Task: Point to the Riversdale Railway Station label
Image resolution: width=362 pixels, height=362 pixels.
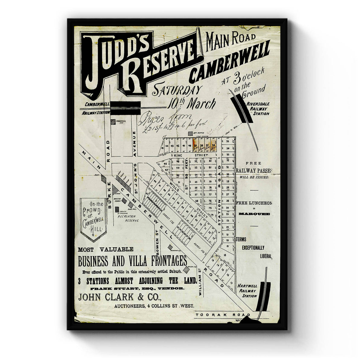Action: [x=258, y=108]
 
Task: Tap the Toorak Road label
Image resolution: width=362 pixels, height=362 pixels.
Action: [x=223, y=315]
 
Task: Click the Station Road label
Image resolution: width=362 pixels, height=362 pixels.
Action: [x=219, y=199]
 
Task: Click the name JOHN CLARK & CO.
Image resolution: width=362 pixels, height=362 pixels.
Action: [x=120, y=297]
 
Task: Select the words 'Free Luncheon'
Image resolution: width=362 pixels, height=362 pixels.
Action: [x=254, y=203]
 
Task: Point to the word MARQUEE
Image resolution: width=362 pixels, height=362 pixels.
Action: [x=254, y=214]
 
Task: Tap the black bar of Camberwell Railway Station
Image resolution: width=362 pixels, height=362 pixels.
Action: [x=125, y=108]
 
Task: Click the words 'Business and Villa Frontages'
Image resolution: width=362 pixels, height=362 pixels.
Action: [x=132, y=260]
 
